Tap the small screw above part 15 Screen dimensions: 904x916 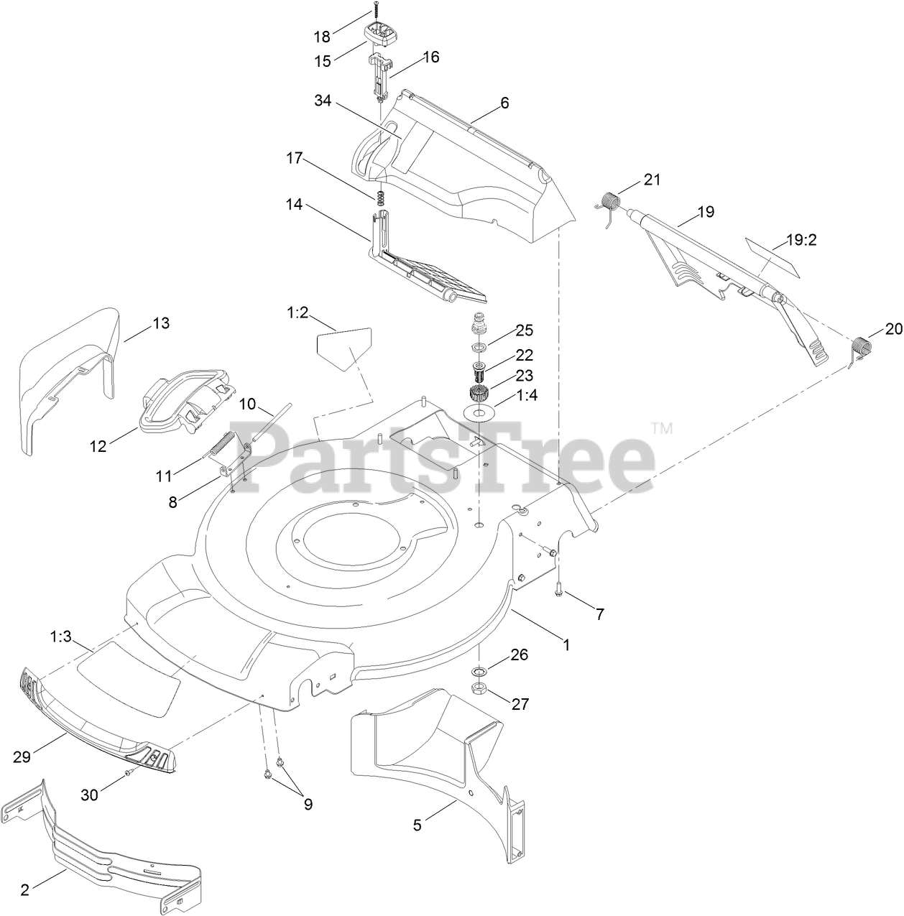click(374, 11)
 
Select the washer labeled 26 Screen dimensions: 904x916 click(479, 671)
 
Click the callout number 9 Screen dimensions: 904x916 click(308, 805)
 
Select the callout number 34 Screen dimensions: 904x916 click(323, 101)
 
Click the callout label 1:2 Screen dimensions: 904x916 click(298, 313)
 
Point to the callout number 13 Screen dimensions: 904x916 click(161, 323)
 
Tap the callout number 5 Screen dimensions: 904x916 click(418, 825)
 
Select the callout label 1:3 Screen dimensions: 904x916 click(60, 636)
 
